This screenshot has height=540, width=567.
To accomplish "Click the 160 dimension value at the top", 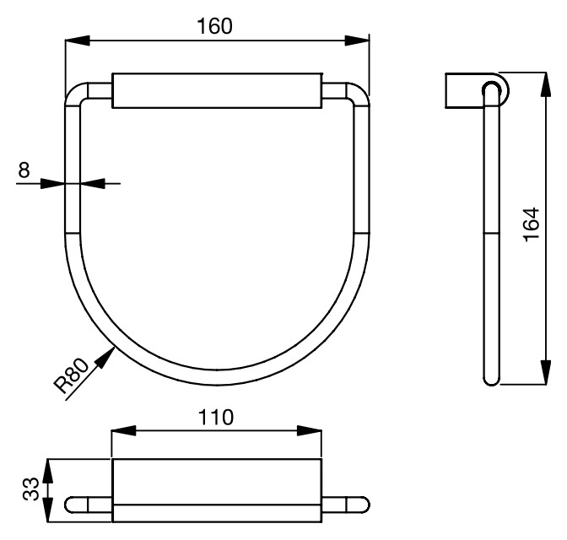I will click(214, 25).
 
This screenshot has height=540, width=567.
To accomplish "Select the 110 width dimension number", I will click(217, 417).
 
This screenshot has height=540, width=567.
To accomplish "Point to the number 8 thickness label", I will click(24, 170).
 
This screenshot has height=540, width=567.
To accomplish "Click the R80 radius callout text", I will click(72, 377).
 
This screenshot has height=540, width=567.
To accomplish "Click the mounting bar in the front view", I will click(217, 91).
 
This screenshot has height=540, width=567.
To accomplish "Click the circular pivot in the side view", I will click(492, 89).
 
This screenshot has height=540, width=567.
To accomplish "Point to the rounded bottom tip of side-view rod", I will click(492, 380).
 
